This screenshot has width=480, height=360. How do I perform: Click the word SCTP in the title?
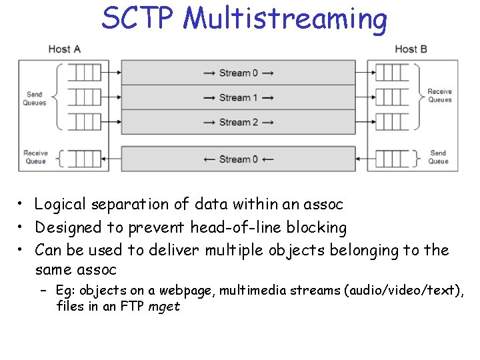[138, 18]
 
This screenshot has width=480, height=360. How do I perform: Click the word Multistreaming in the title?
[285, 19]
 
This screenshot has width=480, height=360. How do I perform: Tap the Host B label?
[410, 49]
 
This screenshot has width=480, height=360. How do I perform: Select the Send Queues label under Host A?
[35, 99]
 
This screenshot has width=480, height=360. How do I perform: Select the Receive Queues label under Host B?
[439, 95]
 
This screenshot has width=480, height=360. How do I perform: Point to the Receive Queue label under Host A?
[35, 157]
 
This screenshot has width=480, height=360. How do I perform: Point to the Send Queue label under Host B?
[438, 157]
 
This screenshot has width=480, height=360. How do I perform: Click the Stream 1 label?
[238, 98]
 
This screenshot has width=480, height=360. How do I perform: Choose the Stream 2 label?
[238, 123]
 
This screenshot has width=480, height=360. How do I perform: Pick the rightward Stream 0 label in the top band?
[238, 73]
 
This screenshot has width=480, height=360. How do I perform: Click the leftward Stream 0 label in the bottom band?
[238, 159]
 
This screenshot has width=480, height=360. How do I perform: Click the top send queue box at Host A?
[83, 73]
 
